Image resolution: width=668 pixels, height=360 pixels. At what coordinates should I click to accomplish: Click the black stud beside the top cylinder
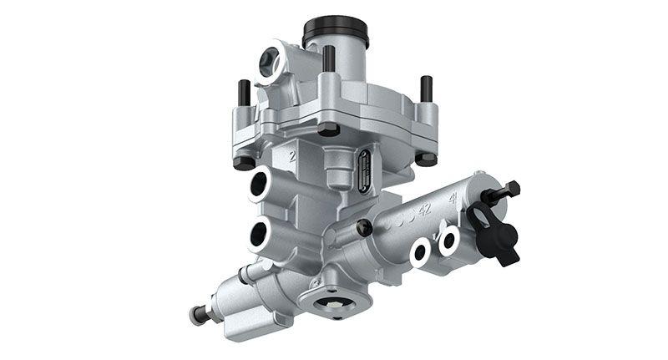(x=328, y=58)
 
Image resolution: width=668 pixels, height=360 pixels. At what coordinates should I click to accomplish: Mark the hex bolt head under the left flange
(x=245, y=162)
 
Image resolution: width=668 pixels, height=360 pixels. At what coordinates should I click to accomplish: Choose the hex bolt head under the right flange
(x=426, y=157)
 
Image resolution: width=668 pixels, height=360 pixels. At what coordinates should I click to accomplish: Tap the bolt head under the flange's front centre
(x=328, y=129)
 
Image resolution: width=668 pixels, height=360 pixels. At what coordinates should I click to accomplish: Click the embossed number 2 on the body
(x=291, y=155)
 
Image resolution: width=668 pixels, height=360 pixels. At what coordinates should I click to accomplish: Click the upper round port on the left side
(x=259, y=184)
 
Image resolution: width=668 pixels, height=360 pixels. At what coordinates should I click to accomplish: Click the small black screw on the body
(x=363, y=226)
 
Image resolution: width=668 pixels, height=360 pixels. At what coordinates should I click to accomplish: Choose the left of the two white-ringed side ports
(x=421, y=251)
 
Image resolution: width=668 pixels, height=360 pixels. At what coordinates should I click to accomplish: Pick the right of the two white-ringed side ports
(x=449, y=241)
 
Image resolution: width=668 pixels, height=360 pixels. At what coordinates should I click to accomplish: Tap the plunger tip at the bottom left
(x=198, y=316)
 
